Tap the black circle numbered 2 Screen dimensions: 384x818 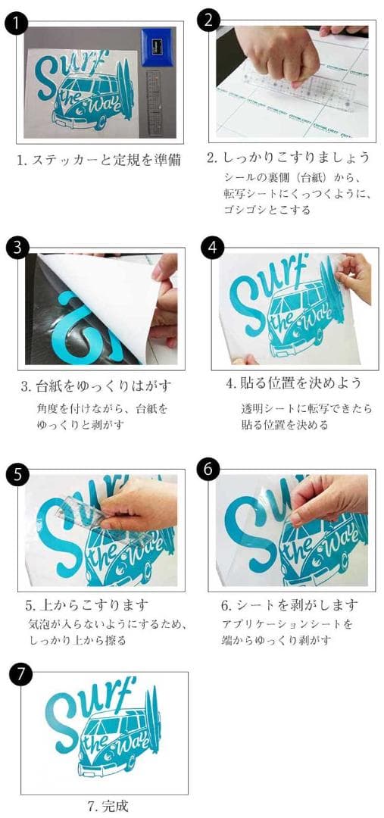209,20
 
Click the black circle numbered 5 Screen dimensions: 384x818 17,475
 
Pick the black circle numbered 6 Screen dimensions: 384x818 208,470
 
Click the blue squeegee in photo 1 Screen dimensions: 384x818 158,46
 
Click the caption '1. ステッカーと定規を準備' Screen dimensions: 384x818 101,160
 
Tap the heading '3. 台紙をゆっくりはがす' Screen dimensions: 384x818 96,386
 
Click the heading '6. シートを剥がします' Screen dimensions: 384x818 289,605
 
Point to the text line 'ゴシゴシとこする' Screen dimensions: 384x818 267,211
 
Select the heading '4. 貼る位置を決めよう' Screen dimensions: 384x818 294,383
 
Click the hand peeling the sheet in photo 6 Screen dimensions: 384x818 328,499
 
